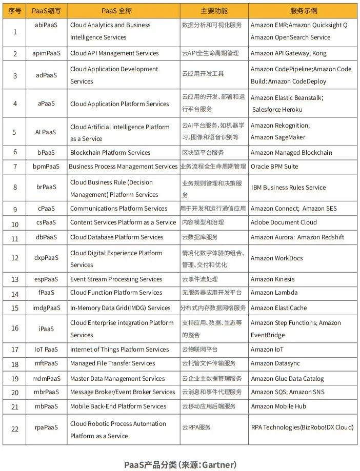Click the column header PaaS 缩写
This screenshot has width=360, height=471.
(x=46, y=11)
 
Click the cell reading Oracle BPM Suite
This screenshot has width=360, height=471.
(x=274, y=167)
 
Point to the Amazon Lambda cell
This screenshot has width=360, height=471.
(x=274, y=293)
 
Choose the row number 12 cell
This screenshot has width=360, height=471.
(x=15, y=258)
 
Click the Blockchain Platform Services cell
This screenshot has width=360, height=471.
(x=110, y=153)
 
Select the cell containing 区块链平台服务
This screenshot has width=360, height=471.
(x=203, y=153)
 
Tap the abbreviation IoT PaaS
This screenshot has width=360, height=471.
(x=46, y=350)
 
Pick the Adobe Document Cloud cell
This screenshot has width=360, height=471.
(x=284, y=222)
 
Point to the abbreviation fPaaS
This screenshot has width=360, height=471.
(x=46, y=293)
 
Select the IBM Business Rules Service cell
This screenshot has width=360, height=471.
(x=288, y=188)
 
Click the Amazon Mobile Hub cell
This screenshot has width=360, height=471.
(x=278, y=406)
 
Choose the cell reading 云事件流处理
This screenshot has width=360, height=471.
(x=200, y=279)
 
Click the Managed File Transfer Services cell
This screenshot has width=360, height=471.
(x=112, y=363)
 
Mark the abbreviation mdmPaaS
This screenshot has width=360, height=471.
(x=46, y=379)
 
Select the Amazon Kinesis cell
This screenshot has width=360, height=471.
(x=272, y=279)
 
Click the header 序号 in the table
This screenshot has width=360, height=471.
(x=15, y=11)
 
